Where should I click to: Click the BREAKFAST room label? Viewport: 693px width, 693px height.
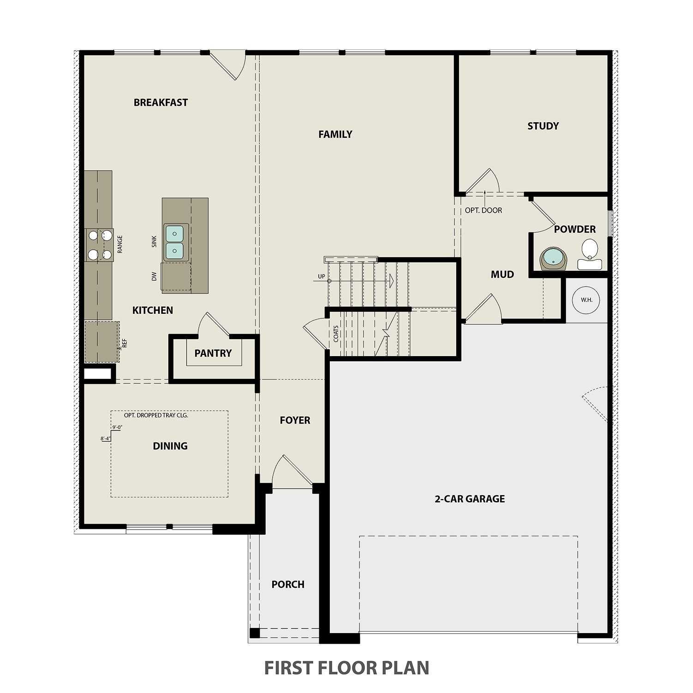pos(161,102)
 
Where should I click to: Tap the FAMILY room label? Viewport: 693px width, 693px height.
pos(335,134)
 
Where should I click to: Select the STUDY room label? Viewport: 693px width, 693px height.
pos(543,126)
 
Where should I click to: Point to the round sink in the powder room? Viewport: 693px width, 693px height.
pos(553,258)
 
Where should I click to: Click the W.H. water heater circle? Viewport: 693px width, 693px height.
pos(586,300)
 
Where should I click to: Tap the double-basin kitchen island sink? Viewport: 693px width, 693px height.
pos(175,242)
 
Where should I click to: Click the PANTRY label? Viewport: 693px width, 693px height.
pos(213,353)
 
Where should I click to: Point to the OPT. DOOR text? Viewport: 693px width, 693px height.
pos(483,210)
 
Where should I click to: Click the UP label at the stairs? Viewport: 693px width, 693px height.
pos(321,277)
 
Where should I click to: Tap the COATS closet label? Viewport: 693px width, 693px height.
pos(336,334)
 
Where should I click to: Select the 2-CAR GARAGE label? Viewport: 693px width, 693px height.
pos(469,499)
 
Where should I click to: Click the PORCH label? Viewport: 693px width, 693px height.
pos(288,585)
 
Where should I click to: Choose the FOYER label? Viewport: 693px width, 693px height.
pos(295,420)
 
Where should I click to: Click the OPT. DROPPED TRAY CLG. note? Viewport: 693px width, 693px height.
pos(156,415)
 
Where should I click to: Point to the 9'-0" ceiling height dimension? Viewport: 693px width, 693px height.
pos(117,427)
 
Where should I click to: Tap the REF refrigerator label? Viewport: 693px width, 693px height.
pos(125,343)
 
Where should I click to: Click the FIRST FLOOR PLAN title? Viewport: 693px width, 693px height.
pos(346,668)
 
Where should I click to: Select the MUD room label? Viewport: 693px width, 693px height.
pos(502,275)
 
